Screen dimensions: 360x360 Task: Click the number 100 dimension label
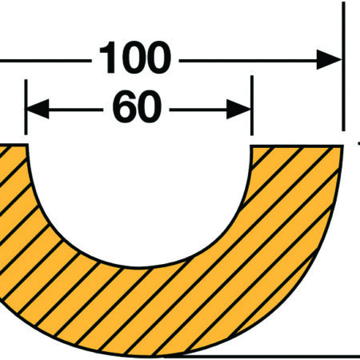point(135,58)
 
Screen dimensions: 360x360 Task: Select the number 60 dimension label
point(137,106)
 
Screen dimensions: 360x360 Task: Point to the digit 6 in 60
point(124,106)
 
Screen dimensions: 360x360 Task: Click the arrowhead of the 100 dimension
point(330,59)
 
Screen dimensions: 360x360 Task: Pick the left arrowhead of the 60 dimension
point(37,109)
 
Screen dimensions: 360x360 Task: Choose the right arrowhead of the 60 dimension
point(238,109)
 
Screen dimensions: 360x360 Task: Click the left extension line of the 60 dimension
point(26,107)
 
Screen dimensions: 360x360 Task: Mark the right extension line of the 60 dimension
point(252,106)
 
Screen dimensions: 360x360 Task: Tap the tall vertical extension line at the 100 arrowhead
point(343,66)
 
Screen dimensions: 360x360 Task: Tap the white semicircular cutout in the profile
point(138,198)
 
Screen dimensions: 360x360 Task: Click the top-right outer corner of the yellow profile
point(342,146)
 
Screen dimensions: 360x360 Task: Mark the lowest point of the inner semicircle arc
point(139,266)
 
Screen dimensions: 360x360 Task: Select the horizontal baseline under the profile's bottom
point(262,356)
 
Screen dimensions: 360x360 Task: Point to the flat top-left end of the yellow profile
point(14,145)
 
